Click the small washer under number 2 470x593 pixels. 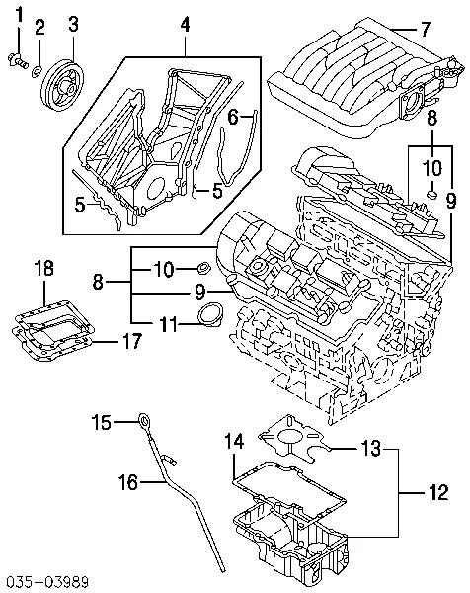pos(37,70)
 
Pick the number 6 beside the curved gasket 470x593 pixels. pos(234,118)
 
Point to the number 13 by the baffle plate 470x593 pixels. pos(367,450)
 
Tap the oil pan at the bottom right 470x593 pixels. pos(296,544)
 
